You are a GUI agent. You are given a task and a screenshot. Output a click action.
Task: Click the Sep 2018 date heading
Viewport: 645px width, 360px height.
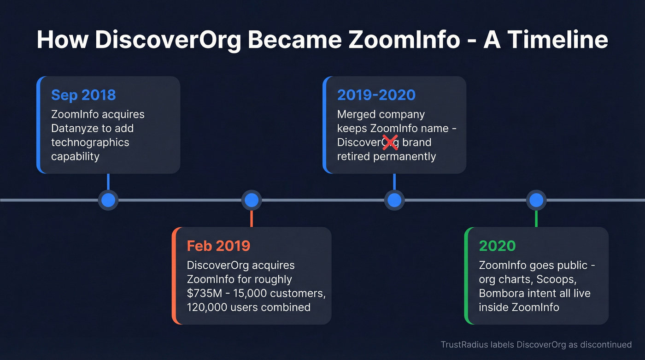pos(83,95)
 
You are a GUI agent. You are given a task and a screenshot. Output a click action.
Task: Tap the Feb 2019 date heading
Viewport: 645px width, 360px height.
pos(218,246)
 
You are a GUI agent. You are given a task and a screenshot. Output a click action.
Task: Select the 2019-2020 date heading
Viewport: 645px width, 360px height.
pos(376,95)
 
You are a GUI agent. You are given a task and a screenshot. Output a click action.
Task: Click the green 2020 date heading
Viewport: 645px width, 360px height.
pos(497,246)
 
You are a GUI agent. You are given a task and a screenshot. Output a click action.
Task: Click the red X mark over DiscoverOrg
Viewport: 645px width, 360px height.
pos(390,142)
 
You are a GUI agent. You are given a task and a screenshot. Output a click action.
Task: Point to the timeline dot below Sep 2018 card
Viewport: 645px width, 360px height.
pos(108,200)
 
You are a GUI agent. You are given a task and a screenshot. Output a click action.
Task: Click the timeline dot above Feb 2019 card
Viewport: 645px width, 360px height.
pos(252,200)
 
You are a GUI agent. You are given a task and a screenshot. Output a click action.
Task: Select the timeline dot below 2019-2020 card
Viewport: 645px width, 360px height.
pos(394,200)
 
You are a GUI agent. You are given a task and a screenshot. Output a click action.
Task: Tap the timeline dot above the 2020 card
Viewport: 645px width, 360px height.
pos(536,200)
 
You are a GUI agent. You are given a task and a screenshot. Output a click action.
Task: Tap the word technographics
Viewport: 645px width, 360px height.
pos(90,142)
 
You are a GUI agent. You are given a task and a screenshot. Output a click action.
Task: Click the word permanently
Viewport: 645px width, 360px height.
pos(405,156)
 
